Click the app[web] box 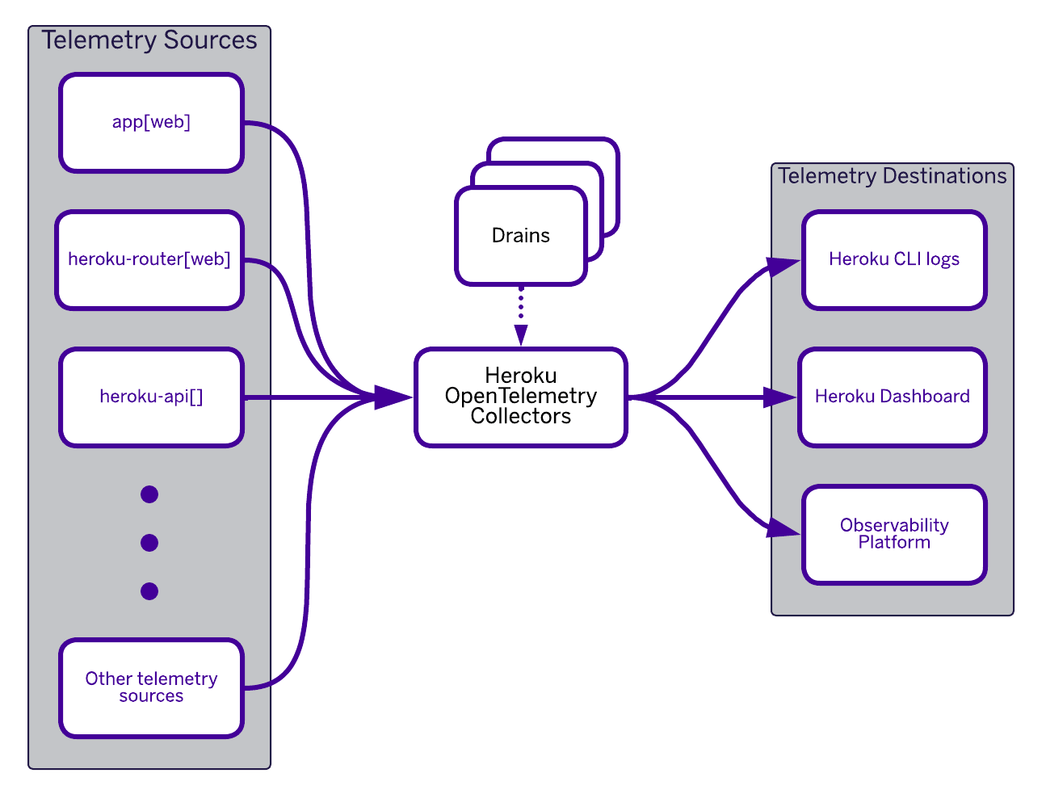coord(151,123)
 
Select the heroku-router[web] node coord(149,260)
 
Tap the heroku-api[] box coord(151,397)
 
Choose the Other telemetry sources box coord(151,688)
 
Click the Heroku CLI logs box coord(894,260)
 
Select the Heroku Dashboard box coord(893,397)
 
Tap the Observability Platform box coord(894,535)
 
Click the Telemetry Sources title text coord(149,40)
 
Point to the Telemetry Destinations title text coord(893,176)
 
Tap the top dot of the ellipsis coord(149,494)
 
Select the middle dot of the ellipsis coord(149,543)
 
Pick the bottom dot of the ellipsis coord(149,591)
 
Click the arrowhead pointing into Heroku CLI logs coord(783,265)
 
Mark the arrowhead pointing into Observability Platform coord(783,529)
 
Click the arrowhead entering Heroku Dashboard coord(779,397)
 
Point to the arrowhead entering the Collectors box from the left coord(393,397)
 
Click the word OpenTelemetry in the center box coord(521,396)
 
